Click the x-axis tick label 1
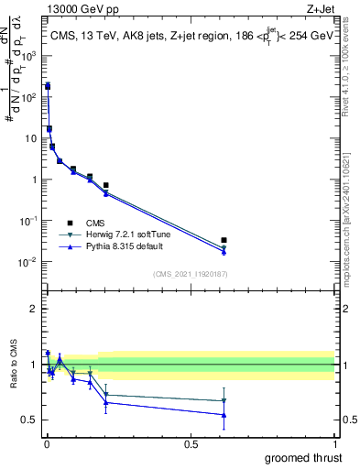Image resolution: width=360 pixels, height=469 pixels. point(334,443)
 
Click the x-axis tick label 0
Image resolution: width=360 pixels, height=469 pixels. point(47,443)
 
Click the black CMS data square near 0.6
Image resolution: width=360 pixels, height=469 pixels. point(224,241)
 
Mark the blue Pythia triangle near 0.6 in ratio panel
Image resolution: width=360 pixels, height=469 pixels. point(224,415)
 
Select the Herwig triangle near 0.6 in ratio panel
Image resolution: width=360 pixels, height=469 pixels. point(224,400)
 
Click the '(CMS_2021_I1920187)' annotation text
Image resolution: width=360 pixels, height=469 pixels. point(190,273)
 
